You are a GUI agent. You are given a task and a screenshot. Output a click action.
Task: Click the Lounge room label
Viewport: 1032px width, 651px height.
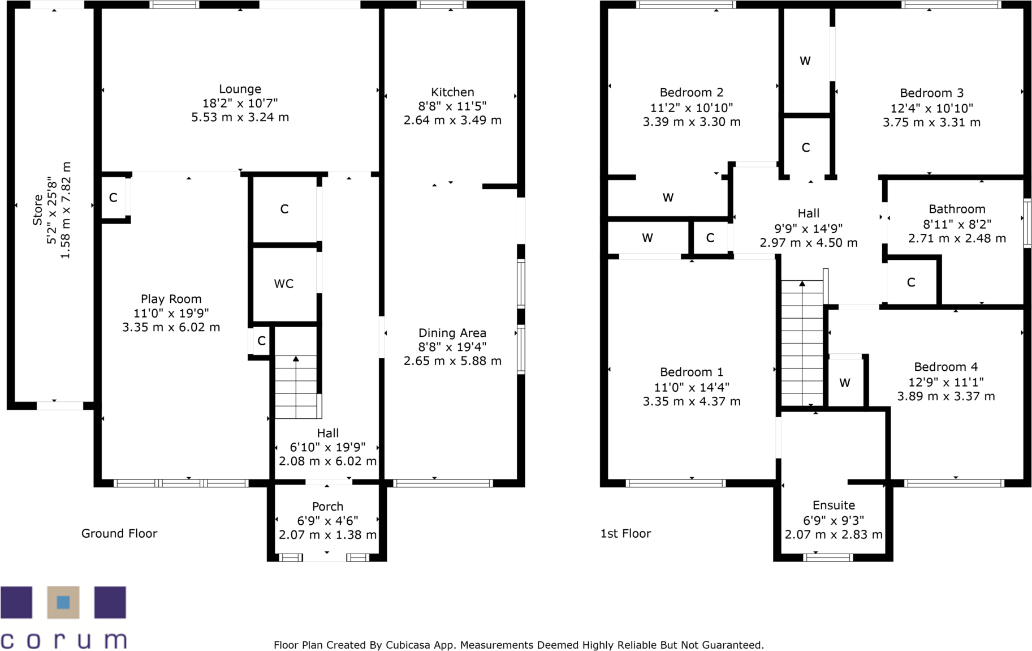[240, 89]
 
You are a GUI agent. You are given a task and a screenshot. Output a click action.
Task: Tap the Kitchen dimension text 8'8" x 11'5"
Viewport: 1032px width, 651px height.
[452, 106]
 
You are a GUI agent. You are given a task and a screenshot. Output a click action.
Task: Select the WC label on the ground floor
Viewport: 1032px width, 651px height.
[284, 284]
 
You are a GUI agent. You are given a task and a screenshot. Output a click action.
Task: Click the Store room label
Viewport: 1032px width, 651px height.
[37, 210]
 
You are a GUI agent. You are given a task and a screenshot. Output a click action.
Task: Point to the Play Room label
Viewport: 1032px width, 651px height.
[171, 299]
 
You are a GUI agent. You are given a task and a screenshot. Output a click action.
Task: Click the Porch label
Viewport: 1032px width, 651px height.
[327, 507]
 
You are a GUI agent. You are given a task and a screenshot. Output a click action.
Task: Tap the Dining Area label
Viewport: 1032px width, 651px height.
[452, 333]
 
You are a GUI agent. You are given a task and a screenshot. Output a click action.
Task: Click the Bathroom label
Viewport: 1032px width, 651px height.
[957, 209]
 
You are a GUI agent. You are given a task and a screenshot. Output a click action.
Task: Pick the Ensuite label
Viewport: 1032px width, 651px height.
[834, 506]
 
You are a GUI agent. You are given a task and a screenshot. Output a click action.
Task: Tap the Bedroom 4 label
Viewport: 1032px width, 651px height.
[945, 367]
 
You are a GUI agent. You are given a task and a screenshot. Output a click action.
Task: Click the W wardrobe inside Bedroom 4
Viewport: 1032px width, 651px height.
[845, 383]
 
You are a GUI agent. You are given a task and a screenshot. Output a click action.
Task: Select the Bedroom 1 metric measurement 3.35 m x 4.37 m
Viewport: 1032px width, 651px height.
[691, 402]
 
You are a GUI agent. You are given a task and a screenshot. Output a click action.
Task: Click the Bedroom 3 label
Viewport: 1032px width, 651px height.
[931, 93]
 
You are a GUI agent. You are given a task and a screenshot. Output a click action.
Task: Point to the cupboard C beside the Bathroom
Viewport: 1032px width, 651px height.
[910, 282]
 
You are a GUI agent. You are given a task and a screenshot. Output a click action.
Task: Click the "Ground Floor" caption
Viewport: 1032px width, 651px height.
[119, 533]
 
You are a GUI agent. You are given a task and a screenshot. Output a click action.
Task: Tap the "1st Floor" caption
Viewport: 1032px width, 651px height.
[625, 533]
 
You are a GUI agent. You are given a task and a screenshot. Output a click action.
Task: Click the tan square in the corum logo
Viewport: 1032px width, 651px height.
[63, 602]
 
